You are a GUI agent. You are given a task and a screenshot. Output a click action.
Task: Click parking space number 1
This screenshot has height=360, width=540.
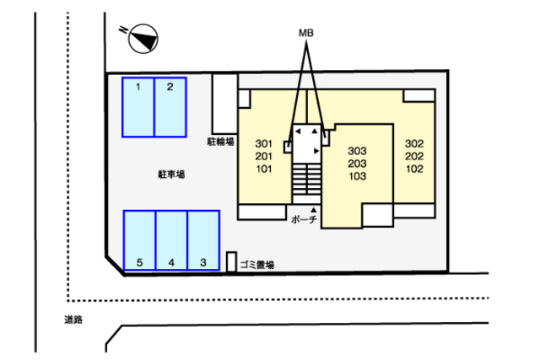tap(138, 107)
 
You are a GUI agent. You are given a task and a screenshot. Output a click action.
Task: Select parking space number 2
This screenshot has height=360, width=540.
tap(170, 107)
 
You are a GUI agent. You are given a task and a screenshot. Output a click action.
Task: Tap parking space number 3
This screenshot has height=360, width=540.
tap(203, 240)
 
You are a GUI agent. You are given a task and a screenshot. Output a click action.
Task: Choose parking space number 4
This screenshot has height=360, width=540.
tap(171, 240)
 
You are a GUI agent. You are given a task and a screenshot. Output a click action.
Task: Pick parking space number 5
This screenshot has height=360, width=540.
tap(139, 240)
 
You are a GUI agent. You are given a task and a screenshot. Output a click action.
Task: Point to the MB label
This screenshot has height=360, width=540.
tap(305, 33)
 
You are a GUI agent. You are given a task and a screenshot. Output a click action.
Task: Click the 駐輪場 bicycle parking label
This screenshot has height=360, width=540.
tap(221, 142)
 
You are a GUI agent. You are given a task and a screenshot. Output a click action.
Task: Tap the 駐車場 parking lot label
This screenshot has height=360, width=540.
tap(171, 175)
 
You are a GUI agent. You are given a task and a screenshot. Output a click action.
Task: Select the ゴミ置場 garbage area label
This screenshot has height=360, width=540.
tap(257, 265)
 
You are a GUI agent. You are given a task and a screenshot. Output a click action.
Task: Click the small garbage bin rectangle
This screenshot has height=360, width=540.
tap(231, 262)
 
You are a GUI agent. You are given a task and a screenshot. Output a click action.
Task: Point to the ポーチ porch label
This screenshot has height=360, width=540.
tap(304, 219)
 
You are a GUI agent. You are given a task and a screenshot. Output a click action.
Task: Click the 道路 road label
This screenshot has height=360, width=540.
tap(73, 320)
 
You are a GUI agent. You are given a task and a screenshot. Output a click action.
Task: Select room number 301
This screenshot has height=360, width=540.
tap(264, 143)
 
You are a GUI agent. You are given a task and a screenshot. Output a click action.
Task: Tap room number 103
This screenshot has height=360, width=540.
tap(357, 176)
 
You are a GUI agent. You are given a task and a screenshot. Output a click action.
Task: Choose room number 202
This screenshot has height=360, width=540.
tap(414, 156)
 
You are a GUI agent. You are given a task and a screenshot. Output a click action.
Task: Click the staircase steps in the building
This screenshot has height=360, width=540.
tap(306, 179)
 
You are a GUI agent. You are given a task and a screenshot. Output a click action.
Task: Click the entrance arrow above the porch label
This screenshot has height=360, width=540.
tap(313, 210)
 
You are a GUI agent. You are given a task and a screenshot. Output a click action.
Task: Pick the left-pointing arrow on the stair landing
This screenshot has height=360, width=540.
tap(298, 132)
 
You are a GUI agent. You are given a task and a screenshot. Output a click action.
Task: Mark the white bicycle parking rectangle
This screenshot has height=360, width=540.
tap(225, 104)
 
